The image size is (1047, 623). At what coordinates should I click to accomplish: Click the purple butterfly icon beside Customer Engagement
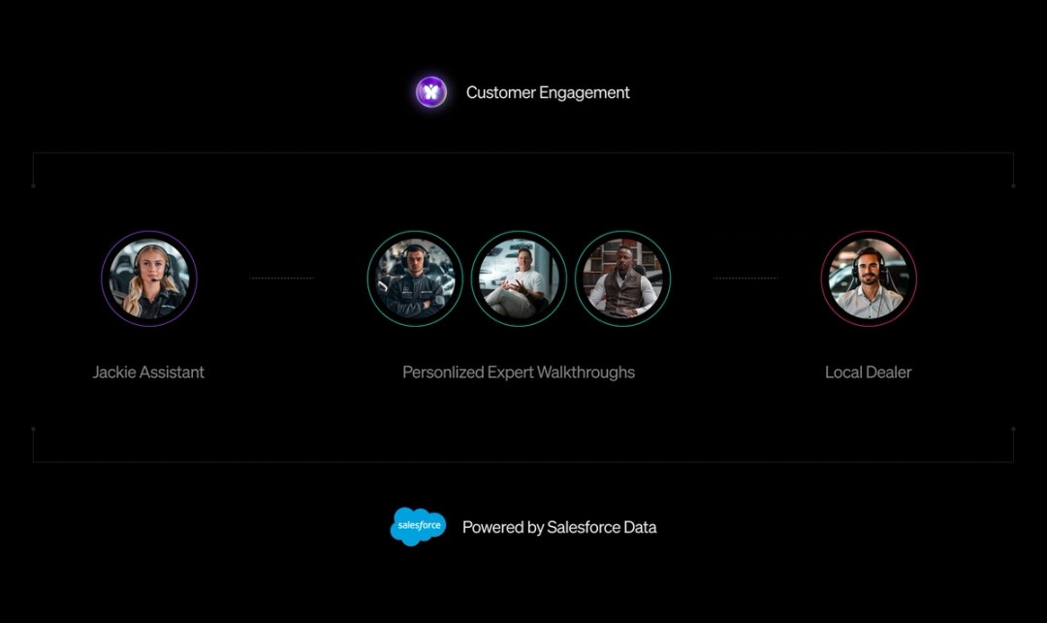click(431, 92)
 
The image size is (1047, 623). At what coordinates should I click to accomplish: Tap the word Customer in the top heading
click(501, 93)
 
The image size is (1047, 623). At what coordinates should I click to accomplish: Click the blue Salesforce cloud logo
click(418, 526)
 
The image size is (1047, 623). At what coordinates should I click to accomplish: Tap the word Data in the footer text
click(639, 528)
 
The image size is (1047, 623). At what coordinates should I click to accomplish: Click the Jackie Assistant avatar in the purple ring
click(149, 279)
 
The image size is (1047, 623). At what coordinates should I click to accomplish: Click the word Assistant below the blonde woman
click(172, 373)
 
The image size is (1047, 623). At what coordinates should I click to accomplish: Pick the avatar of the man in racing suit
click(415, 279)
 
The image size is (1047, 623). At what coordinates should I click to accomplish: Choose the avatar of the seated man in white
click(519, 279)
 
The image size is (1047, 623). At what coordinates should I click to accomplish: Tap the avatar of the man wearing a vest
click(622, 279)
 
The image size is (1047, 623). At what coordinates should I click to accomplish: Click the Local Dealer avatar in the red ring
click(869, 279)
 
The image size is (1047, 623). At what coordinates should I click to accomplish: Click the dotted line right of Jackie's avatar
click(282, 279)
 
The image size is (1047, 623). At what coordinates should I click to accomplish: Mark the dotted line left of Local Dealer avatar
click(746, 279)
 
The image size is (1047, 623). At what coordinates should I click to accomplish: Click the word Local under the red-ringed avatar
click(842, 373)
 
